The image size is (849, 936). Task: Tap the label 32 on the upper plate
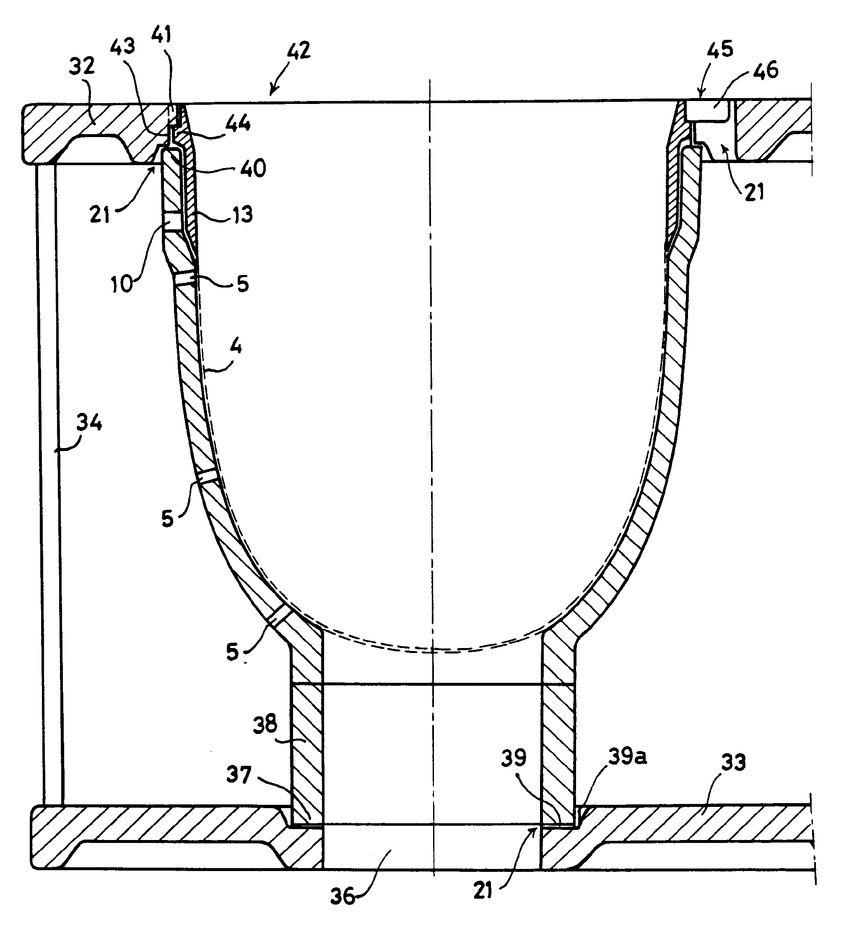(82, 66)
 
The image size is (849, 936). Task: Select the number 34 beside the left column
(89, 423)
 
